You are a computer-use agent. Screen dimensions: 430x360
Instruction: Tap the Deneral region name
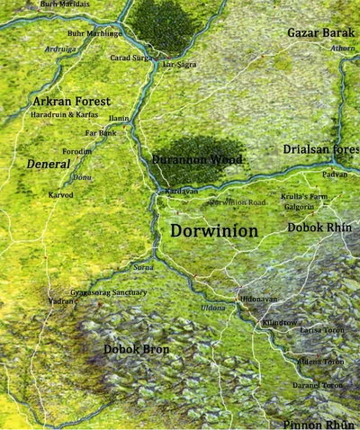tap(48, 165)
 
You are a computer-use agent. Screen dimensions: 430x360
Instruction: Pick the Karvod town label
tap(61, 194)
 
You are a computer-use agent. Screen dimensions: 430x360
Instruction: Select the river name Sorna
tap(143, 267)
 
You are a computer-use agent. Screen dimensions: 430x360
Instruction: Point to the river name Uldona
tap(213, 309)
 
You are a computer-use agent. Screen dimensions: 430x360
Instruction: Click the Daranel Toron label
tap(319, 385)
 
